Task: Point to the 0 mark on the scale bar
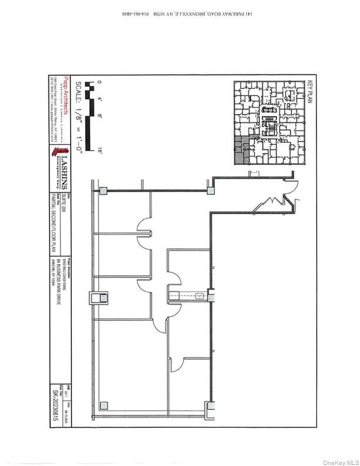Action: [x=99, y=82]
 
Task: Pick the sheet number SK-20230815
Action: [x=55, y=406]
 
